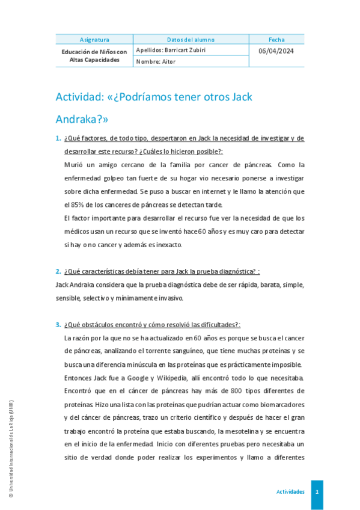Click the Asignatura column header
94,40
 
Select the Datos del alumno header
191,40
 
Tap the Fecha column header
277,40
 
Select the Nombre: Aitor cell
156,61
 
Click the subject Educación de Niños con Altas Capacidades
94,56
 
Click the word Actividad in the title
79,97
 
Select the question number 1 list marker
58,138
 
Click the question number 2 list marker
58,271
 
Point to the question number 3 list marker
58,325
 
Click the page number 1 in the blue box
317,491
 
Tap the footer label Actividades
290,491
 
